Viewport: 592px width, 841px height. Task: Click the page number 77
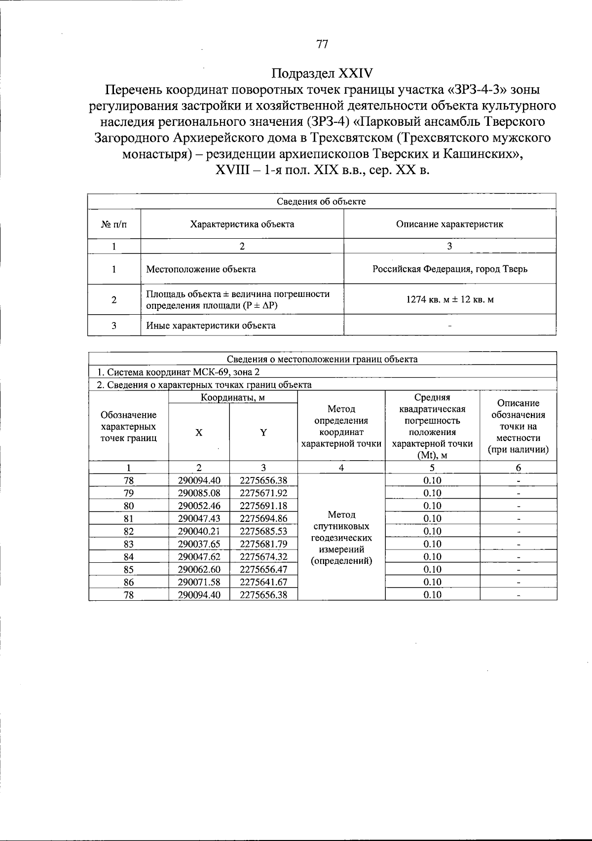[x=322, y=44]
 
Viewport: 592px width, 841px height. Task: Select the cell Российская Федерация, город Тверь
[x=449, y=269]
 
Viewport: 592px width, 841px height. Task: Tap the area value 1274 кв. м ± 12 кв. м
[x=449, y=300]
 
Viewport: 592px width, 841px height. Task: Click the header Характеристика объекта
[x=242, y=224]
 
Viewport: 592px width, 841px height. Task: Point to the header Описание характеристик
[x=449, y=224]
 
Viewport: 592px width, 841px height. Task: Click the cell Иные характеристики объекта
[x=211, y=326]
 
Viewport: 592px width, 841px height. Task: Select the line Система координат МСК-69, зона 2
[x=178, y=372]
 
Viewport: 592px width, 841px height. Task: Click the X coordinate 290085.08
[x=199, y=493]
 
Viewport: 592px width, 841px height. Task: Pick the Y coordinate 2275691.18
[x=263, y=506]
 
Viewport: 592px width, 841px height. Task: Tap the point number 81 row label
[x=129, y=518]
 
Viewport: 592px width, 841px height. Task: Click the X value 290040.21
[x=199, y=531]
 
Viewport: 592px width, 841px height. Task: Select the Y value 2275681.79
[x=263, y=544]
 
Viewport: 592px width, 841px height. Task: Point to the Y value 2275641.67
[x=263, y=582]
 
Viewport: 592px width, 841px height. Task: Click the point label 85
[x=129, y=570]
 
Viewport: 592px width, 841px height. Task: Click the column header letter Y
[x=263, y=433]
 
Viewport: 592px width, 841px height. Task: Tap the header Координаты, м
[x=233, y=398]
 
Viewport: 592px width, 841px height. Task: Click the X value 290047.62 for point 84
[x=199, y=557]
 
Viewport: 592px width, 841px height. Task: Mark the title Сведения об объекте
[x=321, y=202]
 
